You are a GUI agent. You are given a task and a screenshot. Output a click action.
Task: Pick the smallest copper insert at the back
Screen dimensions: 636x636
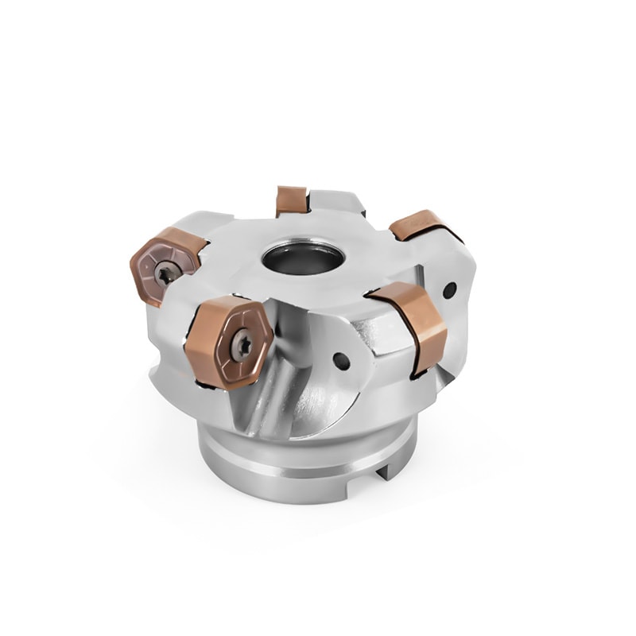(x=291, y=200)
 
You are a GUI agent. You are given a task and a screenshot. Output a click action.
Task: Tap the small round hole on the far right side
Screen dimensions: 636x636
(x=449, y=289)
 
